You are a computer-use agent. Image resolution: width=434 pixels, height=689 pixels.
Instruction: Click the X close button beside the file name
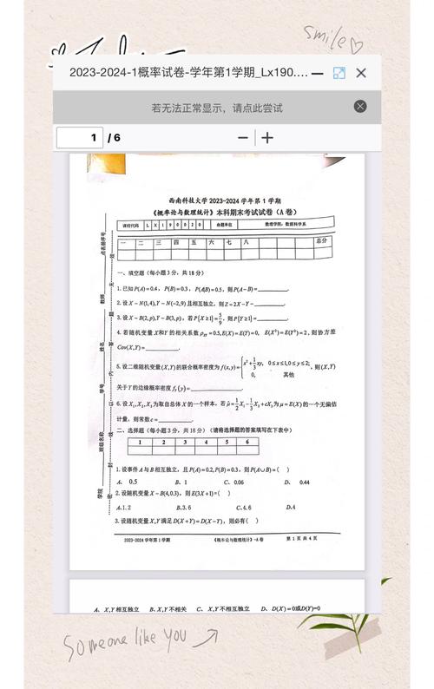(361, 73)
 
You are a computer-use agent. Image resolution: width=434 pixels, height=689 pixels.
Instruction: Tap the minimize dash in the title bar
(318, 74)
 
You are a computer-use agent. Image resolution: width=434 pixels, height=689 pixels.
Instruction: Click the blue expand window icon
(339, 74)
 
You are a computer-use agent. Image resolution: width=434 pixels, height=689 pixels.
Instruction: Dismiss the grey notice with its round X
(360, 107)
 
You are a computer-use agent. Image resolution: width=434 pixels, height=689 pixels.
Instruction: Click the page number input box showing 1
(79, 138)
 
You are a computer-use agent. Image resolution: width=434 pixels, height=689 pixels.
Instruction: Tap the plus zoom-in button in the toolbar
(267, 138)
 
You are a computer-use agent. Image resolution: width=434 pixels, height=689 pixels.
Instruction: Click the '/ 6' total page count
(115, 138)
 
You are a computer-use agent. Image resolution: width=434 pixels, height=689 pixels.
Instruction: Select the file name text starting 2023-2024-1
(187, 73)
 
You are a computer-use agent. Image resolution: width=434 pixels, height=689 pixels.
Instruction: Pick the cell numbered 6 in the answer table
(248, 443)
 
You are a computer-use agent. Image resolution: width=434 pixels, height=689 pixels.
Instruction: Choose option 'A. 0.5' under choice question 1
(127, 482)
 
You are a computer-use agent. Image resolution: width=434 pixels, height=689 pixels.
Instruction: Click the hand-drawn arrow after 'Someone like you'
(207, 639)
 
